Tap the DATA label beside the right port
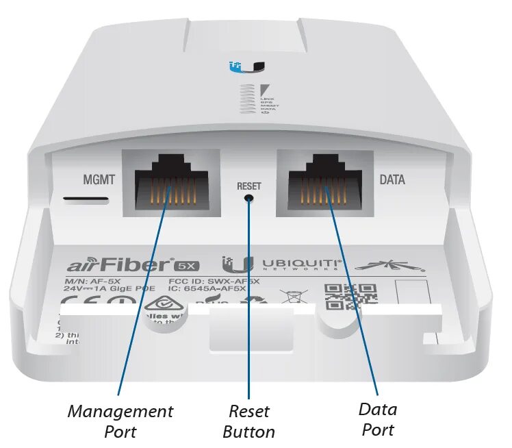pos(392,181)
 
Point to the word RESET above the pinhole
pos(248,186)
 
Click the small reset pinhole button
pos(249,199)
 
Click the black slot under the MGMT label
pos(86,201)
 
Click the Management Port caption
pos(120,421)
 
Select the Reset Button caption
pos(250,421)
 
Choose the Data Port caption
pos(377,419)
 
